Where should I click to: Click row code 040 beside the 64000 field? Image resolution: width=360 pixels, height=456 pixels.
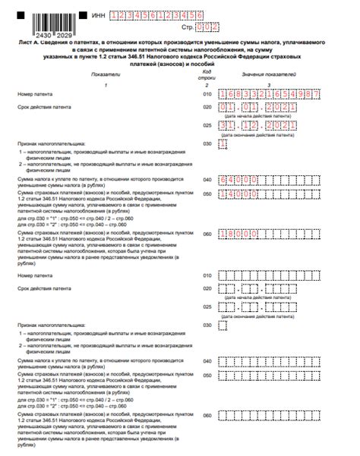(x=207, y=181)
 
